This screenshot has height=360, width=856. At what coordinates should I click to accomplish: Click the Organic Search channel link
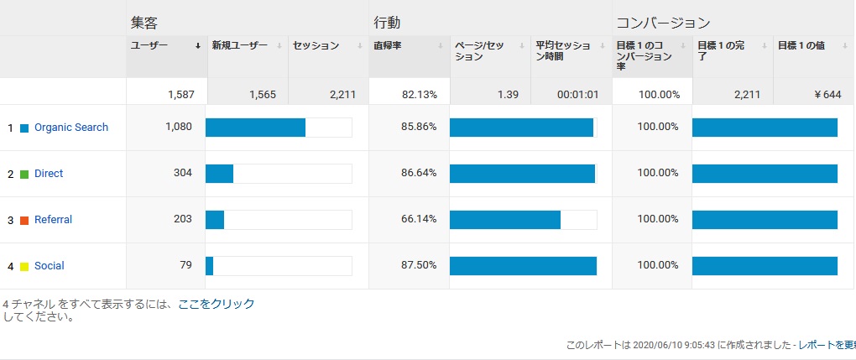[71, 128]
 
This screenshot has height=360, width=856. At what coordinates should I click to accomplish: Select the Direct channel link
[49, 174]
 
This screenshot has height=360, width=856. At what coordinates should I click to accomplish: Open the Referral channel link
[53, 220]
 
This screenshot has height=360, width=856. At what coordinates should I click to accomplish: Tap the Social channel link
[50, 266]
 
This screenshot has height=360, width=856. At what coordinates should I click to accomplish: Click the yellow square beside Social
[24, 267]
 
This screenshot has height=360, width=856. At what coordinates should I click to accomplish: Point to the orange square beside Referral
[24, 221]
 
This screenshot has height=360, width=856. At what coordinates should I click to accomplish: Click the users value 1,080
[179, 127]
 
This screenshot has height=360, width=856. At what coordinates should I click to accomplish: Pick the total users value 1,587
[180, 95]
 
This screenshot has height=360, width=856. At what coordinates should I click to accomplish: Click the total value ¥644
[828, 95]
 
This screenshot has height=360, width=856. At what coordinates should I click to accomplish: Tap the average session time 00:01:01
[577, 95]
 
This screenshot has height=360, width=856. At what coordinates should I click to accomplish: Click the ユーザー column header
[149, 46]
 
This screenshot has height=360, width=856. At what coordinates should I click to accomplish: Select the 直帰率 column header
[388, 46]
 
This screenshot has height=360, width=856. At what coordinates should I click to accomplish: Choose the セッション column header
[316, 46]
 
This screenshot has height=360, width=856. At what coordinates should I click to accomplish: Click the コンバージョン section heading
[663, 23]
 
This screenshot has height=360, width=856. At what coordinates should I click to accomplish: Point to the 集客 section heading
[144, 23]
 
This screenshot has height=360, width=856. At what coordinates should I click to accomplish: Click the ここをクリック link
[217, 305]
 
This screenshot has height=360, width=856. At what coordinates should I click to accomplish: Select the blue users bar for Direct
[220, 174]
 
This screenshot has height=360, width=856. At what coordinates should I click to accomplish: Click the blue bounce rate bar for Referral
[505, 220]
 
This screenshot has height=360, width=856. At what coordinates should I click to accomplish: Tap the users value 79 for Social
[185, 265]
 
